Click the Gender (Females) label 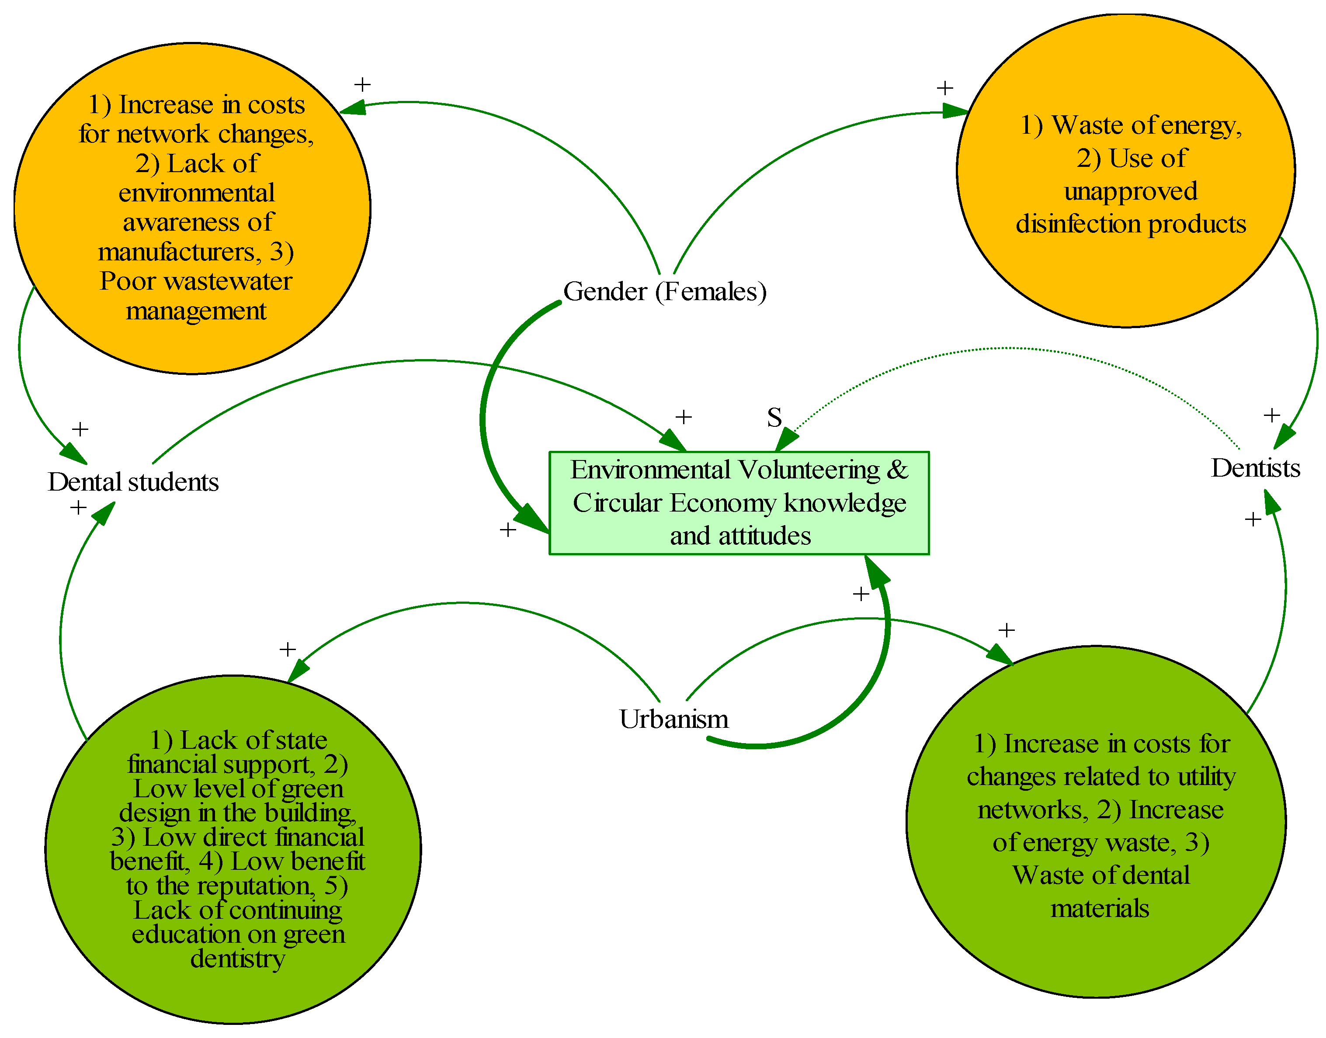[664, 292]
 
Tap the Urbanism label [673, 719]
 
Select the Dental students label [133, 482]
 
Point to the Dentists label [1255, 468]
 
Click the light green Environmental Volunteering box [738, 502]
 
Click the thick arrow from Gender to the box [483, 419]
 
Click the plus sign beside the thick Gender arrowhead [508, 529]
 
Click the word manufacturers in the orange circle [179, 252]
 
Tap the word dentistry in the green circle [237, 958]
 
